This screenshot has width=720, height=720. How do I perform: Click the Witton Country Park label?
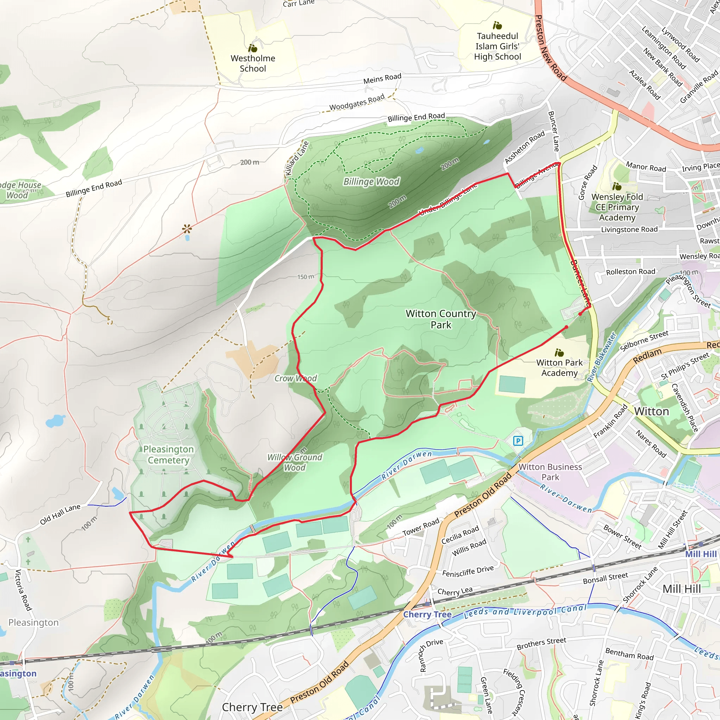click(441, 319)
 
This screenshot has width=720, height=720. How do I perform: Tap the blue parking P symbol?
click(518, 441)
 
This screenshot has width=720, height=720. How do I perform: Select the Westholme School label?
click(253, 63)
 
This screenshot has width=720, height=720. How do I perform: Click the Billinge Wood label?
click(371, 181)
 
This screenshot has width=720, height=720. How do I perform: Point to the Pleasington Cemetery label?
click(168, 455)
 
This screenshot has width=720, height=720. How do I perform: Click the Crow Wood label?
click(296, 378)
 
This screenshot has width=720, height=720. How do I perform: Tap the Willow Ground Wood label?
click(294, 462)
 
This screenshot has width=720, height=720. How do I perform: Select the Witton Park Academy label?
click(559, 367)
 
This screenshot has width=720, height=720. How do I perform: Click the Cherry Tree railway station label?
click(427, 615)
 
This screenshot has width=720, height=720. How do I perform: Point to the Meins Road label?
click(382, 78)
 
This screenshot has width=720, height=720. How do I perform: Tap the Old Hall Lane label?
click(60, 514)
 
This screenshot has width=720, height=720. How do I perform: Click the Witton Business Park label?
click(550, 472)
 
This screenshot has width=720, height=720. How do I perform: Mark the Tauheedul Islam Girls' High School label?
click(497, 46)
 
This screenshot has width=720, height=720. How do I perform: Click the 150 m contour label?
click(306, 277)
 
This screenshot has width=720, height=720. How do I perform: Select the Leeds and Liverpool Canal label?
click(526, 612)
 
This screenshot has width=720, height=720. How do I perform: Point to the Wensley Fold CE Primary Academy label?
click(617, 207)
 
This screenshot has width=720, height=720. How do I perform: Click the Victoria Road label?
click(23, 590)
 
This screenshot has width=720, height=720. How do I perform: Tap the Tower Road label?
click(421, 527)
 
